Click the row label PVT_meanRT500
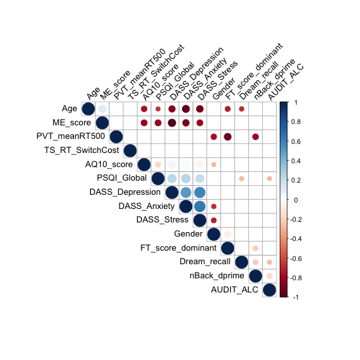coord(71,136)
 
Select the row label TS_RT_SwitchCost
coord(82,150)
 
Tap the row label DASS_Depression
coord(125,192)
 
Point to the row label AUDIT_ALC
coord(235,290)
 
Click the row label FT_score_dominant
coord(179,248)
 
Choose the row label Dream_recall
coord(205,262)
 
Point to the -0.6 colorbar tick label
coord(295,258)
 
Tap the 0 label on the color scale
coord(296,200)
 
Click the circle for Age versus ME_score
coord(102,109)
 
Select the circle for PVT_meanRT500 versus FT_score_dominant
coord(228,137)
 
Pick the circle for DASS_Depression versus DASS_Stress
coord(200,192)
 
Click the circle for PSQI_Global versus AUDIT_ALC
coord(269,179)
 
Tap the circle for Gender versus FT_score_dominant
coord(228,235)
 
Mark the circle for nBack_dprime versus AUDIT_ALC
coord(269,276)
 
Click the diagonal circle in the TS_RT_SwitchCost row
coord(130,150)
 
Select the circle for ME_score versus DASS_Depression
coord(172,123)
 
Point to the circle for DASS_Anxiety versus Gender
coord(213,206)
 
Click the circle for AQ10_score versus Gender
coord(213,165)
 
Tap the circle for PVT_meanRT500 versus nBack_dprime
coord(256,137)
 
